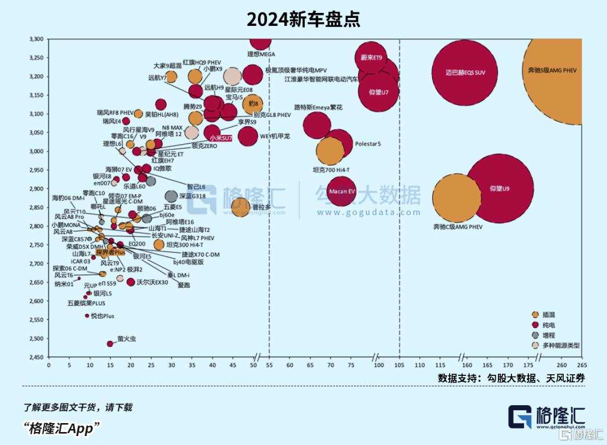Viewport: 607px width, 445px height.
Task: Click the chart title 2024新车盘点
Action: pos(303,20)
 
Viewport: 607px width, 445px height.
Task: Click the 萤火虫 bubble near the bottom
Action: pos(110,343)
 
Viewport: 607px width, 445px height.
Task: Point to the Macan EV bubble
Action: pos(342,192)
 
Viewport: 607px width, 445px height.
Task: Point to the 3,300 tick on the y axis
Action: pos(35,39)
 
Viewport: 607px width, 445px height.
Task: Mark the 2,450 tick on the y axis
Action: pos(35,357)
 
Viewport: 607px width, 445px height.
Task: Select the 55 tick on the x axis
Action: pos(269,366)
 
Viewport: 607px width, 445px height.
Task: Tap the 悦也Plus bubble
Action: pos(87,316)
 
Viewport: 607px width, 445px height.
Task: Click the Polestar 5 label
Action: pos(368,144)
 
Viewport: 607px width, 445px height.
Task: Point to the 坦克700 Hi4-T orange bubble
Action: pos(330,151)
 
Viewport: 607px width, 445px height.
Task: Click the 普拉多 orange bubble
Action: pos(241,207)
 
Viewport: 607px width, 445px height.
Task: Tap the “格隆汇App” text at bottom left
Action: pos(62,428)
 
